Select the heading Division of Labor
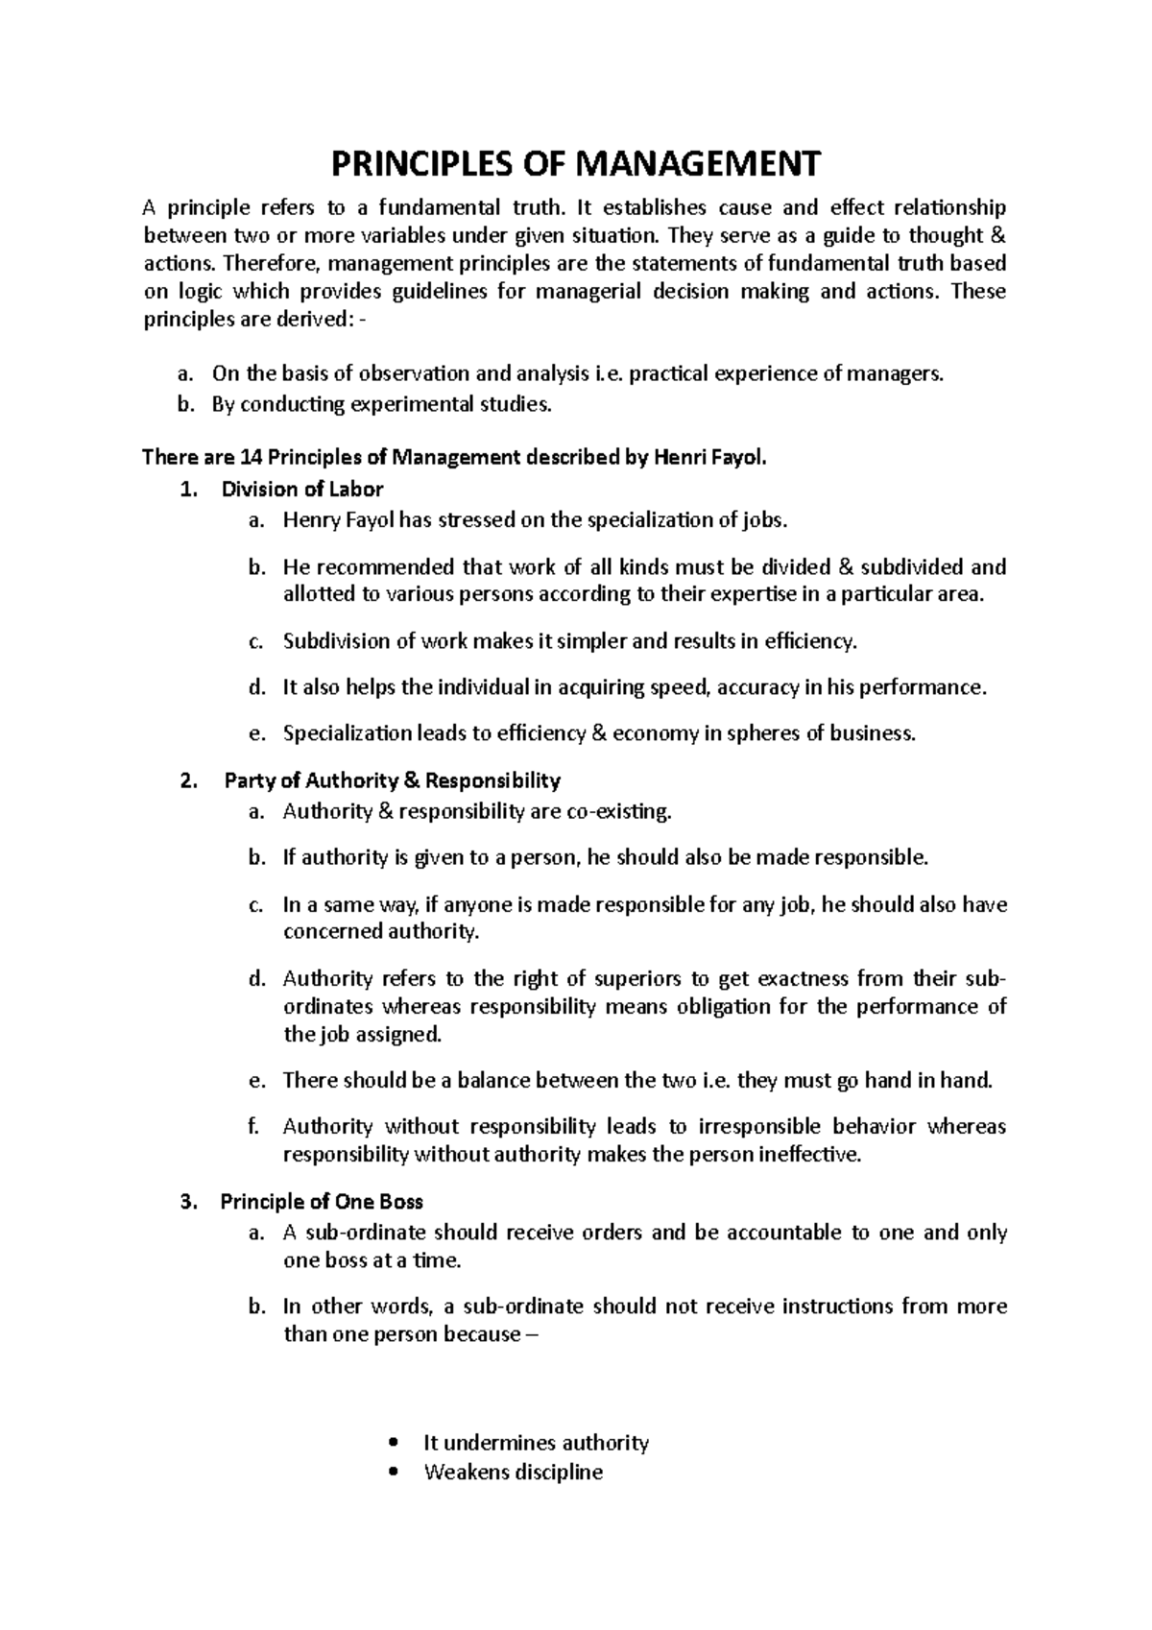(301, 490)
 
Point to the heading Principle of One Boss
(322, 1202)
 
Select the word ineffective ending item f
(809, 1155)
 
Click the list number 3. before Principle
(188, 1202)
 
